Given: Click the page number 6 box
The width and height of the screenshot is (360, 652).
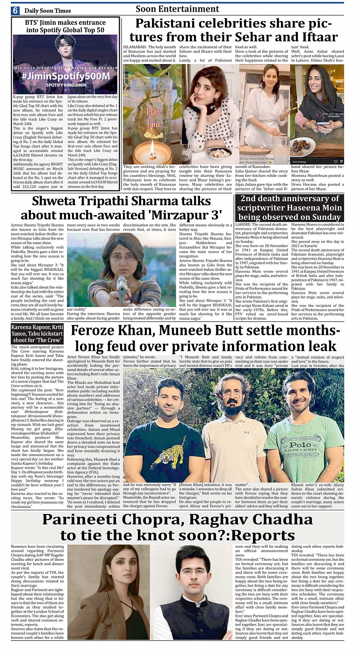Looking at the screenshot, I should click(15, 10).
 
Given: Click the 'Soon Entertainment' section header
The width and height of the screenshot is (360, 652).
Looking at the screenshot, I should click(177, 9).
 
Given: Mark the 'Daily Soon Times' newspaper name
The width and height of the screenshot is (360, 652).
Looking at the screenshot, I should click(47, 11).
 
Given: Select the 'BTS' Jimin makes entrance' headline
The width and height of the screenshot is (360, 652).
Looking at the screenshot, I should click(65, 26).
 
